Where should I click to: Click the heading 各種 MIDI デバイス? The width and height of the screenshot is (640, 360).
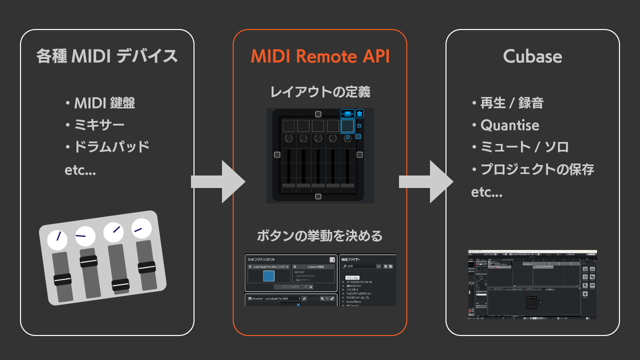pyautogui.click(x=107, y=56)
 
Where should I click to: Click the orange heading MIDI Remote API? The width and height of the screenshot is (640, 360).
pyautogui.click(x=320, y=56)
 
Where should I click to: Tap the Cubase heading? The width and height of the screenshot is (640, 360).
pyautogui.click(x=532, y=56)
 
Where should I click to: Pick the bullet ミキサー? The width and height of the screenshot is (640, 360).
pyautogui.click(x=99, y=125)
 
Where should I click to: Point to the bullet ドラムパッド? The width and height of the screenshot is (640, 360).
pyautogui.click(x=111, y=147)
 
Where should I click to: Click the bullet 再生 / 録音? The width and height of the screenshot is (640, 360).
pyautogui.click(x=511, y=103)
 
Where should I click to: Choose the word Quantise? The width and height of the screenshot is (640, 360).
pyautogui.click(x=509, y=125)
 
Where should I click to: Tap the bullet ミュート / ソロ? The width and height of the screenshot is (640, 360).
pyautogui.click(x=524, y=147)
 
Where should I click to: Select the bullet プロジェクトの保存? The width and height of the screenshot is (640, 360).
pyautogui.click(x=537, y=169)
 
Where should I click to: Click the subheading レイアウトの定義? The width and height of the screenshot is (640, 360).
pyautogui.click(x=320, y=92)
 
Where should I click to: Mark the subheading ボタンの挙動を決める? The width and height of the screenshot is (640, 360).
pyautogui.click(x=320, y=235)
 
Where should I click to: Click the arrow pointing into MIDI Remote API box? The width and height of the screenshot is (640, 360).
pyautogui.click(x=218, y=181)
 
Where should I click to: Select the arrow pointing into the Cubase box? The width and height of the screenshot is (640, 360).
pyautogui.click(x=426, y=181)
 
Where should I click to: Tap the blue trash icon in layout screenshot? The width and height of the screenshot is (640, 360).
pyautogui.click(x=359, y=114)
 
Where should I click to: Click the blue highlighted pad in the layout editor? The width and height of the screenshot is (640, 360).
pyautogui.click(x=347, y=125)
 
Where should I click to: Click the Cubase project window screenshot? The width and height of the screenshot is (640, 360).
pyautogui.click(x=532, y=284)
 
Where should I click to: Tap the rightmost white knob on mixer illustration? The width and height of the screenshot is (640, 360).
pyautogui.click(x=141, y=228)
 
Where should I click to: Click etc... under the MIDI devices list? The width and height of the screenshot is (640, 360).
pyautogui.click(x=80, y=170)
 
